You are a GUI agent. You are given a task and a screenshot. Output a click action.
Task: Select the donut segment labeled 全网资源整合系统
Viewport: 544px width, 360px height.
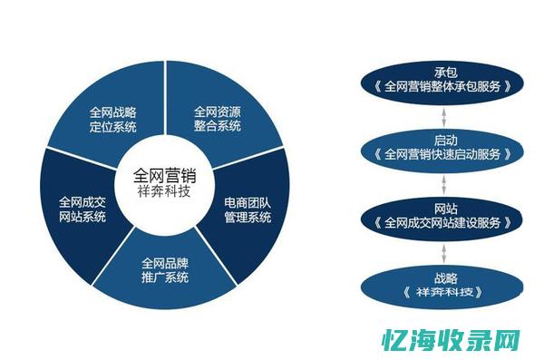(x=218, y=119)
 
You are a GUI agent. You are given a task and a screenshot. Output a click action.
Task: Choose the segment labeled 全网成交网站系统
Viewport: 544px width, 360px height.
(x=82, y=210)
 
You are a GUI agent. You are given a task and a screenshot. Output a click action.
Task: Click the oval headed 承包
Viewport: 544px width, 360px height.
(x=444, y=82)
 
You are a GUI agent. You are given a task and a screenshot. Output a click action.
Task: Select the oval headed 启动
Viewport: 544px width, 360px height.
(x=444, y=148)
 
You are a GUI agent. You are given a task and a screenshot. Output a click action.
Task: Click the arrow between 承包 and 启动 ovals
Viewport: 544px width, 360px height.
(x=444, y=115)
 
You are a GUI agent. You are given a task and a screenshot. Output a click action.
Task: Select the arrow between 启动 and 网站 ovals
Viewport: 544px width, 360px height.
(x=444, y=182)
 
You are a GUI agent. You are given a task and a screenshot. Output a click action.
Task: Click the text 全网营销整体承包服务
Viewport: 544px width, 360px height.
(x=444, y=89)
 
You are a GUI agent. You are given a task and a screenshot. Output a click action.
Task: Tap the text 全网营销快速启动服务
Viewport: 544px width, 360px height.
(x=444, y=155)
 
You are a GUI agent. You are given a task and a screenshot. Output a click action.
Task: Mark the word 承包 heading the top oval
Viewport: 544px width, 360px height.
(x=444, y=73)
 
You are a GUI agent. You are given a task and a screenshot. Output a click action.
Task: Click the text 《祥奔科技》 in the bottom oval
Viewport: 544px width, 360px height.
(x=444, y=292)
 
